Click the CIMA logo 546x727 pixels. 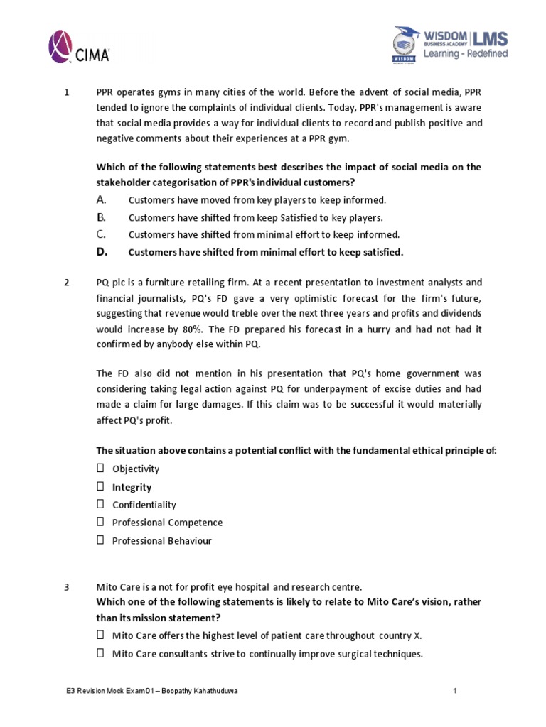pos(79,46)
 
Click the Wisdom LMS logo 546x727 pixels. pos(450,44)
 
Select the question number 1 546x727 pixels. pos(66,92)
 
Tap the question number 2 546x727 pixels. pos(66,282)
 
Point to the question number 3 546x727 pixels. pos(66,587)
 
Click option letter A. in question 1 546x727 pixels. pos(102,200)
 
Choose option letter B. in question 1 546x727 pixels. pos(102,217)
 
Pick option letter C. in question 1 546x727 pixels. pos(102,234)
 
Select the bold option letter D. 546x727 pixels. pos(102,252)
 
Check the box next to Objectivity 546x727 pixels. pos(100,469)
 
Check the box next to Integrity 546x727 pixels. pos(100,487)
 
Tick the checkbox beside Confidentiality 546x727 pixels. pos(100,505)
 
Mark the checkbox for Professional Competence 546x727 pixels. pos(100,523)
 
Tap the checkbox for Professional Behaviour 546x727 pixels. pos(100,540)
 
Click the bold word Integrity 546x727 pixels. pos(132,487)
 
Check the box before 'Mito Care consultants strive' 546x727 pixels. pos(100,653)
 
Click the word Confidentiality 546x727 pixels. pos(144,505)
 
